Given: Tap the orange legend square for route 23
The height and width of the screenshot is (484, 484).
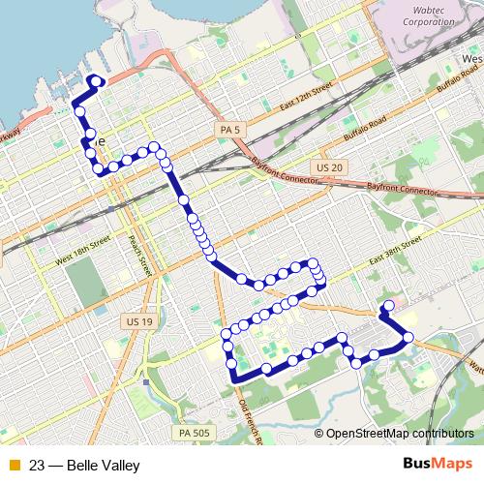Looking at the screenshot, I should coord(13,466).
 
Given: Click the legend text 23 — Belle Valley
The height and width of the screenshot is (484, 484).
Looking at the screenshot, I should coord(84,466).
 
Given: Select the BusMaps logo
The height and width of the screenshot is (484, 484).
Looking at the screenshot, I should coord(438,465).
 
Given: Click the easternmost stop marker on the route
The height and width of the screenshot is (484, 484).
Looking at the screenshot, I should coord(408,337).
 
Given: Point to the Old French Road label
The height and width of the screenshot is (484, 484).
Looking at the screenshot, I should coord(251,411).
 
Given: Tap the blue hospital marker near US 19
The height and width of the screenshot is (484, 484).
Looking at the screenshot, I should coord(146,381).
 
